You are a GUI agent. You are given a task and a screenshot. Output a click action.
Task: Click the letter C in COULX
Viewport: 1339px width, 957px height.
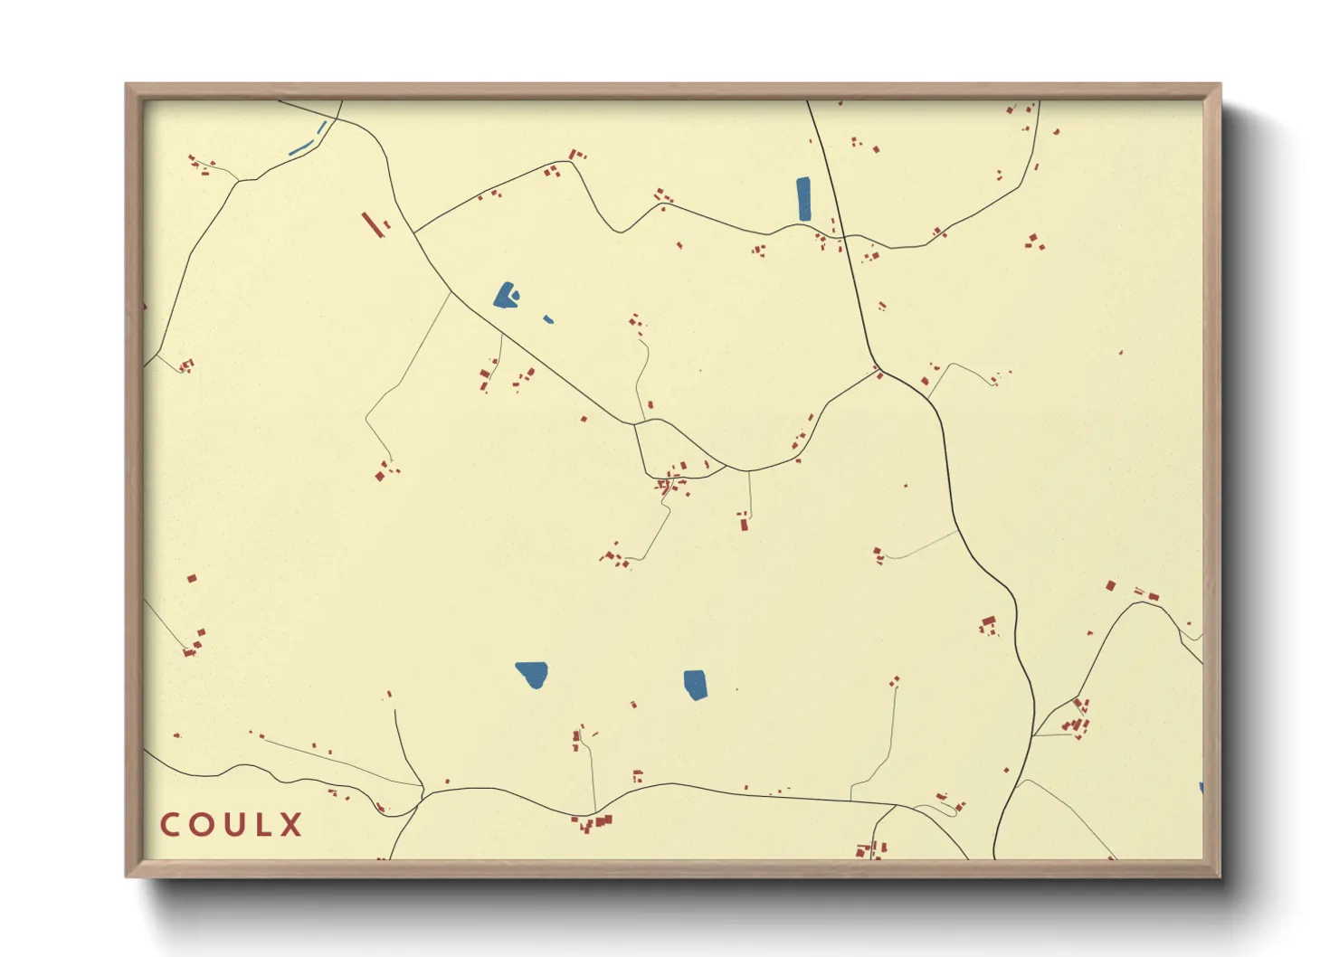[170, 825]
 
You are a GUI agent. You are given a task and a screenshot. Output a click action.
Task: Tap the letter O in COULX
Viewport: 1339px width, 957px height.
[201, 825]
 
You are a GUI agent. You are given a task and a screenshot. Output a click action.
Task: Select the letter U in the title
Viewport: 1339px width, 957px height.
[232, 825]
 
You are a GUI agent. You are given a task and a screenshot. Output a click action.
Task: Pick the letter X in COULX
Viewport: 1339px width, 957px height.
[290, 825]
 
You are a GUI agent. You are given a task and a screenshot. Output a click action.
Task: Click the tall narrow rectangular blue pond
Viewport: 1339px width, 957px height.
[803, 199]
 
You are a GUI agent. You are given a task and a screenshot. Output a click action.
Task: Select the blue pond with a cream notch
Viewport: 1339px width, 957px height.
[505, 296]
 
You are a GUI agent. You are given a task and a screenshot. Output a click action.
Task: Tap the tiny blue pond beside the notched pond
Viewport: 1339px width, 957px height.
[548, 318]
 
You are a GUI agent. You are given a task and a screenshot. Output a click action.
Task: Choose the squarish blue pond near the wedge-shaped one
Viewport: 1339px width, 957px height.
[695, 684]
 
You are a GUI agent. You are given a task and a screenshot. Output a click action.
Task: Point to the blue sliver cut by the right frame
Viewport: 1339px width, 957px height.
[1201, 789]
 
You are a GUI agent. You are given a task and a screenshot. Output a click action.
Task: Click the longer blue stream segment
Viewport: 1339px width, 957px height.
[300, 147]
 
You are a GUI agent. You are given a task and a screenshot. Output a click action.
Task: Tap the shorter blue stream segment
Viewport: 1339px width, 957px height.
[322, 128]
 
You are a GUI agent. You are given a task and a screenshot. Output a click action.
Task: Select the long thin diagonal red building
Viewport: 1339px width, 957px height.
[372, 224]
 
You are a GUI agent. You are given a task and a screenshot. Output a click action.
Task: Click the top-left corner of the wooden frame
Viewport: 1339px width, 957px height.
[127, 85]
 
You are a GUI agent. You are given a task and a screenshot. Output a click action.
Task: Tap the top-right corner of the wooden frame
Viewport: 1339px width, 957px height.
[1220, 85]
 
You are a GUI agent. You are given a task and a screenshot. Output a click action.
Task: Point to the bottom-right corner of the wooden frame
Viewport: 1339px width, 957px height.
[1220, 876]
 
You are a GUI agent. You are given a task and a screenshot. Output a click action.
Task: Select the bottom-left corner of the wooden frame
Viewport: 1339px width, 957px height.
[127, 876]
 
